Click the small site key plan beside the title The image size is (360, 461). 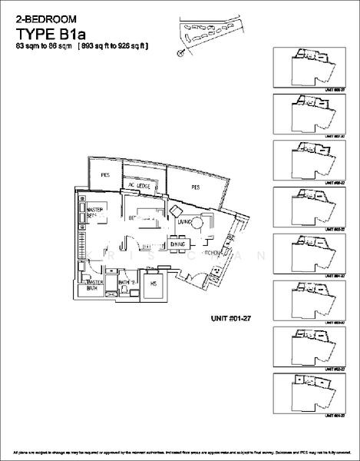point(208,34)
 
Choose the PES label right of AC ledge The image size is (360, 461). point(196,187)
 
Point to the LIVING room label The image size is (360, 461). point(183,222)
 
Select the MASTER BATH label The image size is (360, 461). point(94,285)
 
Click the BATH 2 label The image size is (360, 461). point(127,283)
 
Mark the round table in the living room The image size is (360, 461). point(198,223)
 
